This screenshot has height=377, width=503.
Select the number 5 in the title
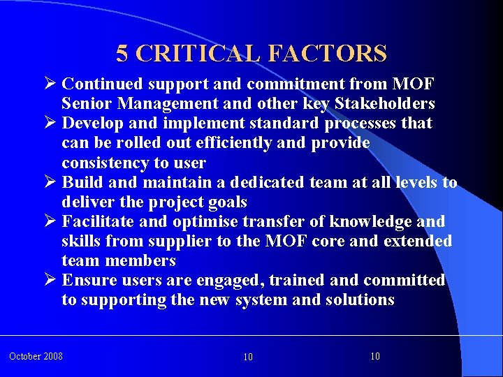pyautogui.click(x=122, y=53)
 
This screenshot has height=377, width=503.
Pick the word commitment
pyautogui.click(x=300, y=84)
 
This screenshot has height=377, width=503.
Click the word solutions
pyautogui.click(x=359, y=300)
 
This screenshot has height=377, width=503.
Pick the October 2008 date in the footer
pyautogui.click(x=36, y=357)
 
